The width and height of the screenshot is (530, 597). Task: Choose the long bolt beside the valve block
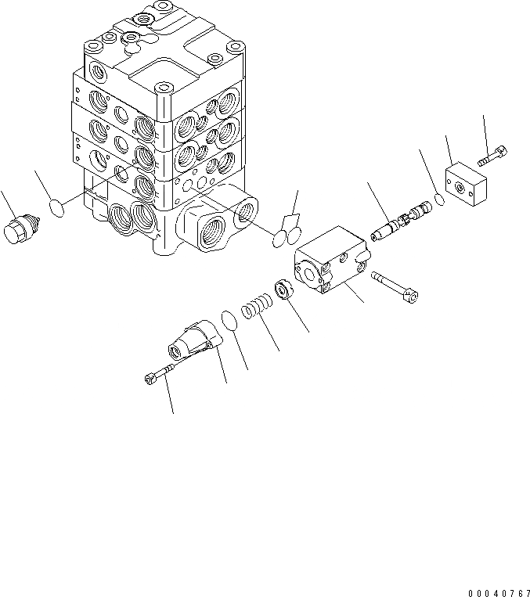pyautogui.click(x=398, y=285)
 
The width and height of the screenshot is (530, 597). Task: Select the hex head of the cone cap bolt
pyautogui.click(x=150, y=379)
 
